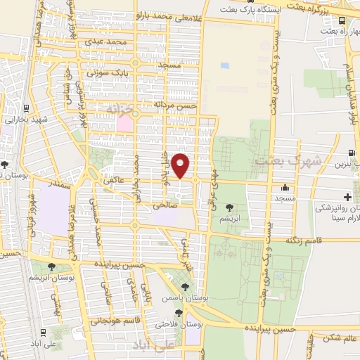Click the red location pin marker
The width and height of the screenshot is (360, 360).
(181, 165)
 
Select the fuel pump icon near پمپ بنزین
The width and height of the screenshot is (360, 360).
(350, 153)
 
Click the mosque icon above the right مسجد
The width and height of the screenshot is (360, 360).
(284, 188)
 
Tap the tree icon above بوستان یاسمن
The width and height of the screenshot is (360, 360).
(184, 287)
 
